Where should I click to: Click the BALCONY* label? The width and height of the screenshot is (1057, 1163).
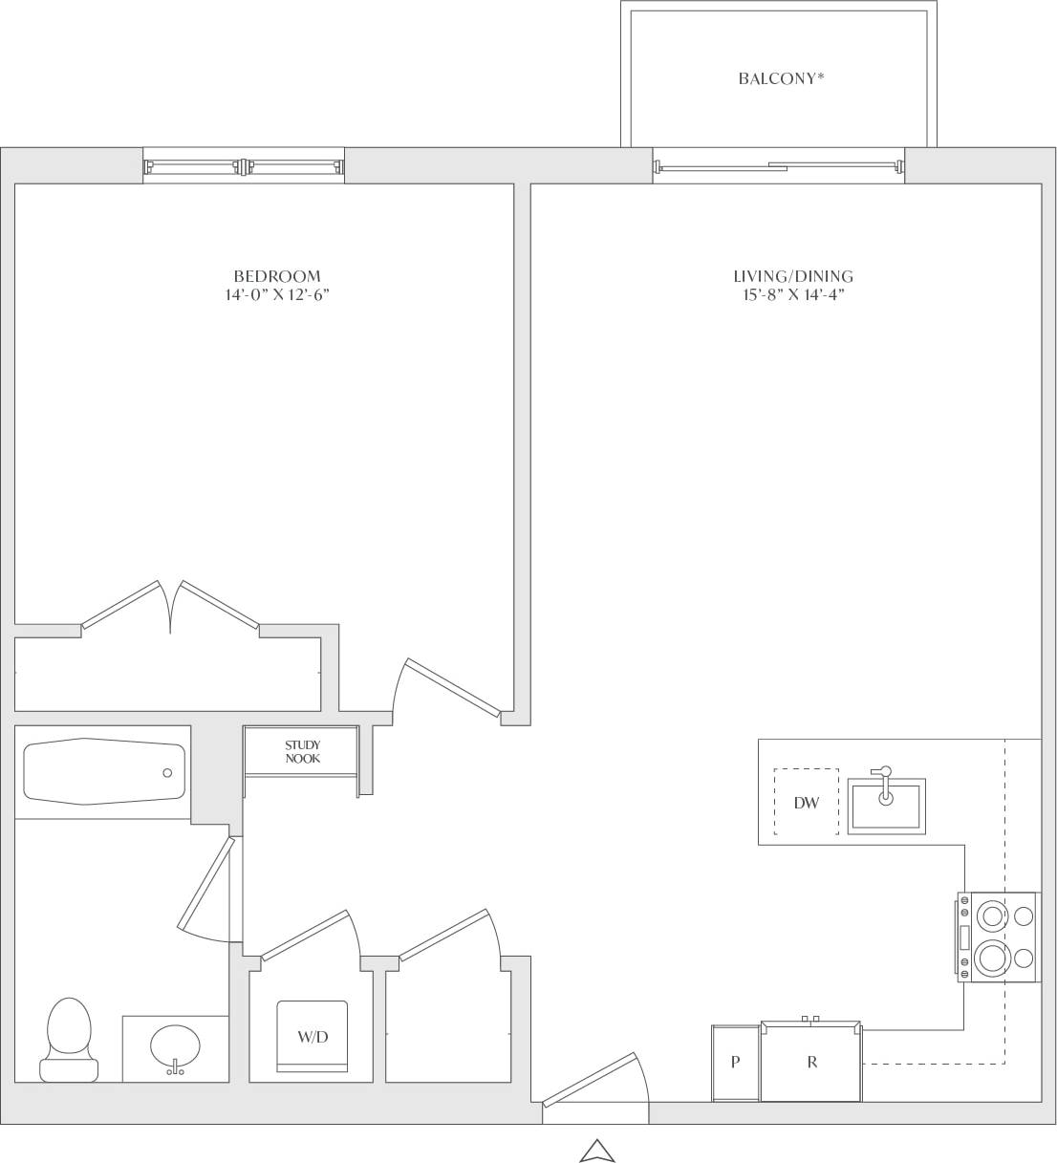780,79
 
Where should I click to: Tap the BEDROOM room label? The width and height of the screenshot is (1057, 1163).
277,276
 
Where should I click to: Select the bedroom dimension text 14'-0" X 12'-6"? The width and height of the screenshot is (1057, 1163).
277,295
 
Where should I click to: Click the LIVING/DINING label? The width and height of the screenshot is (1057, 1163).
792,276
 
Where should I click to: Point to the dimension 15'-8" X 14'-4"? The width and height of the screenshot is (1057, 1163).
792,295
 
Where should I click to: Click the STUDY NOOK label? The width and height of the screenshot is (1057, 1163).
302,751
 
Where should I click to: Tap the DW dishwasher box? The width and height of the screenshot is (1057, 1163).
806,802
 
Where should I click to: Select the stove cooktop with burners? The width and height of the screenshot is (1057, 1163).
999,937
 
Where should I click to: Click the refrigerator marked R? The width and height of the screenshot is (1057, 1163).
811,1062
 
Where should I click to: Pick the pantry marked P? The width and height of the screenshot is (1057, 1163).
735,1063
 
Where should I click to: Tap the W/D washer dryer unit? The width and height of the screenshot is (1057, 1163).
312,1038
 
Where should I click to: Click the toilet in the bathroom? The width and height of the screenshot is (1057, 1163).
69,1038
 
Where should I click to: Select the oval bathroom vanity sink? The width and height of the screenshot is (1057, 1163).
175,1047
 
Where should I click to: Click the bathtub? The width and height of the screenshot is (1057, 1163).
103,770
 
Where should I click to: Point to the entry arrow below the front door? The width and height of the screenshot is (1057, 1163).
595,1151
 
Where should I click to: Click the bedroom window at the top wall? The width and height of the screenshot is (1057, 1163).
244,166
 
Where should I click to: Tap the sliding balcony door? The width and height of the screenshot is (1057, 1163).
778,167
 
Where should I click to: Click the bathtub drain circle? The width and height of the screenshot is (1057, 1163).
167,773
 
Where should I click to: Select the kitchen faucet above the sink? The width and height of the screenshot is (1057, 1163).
883,776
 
